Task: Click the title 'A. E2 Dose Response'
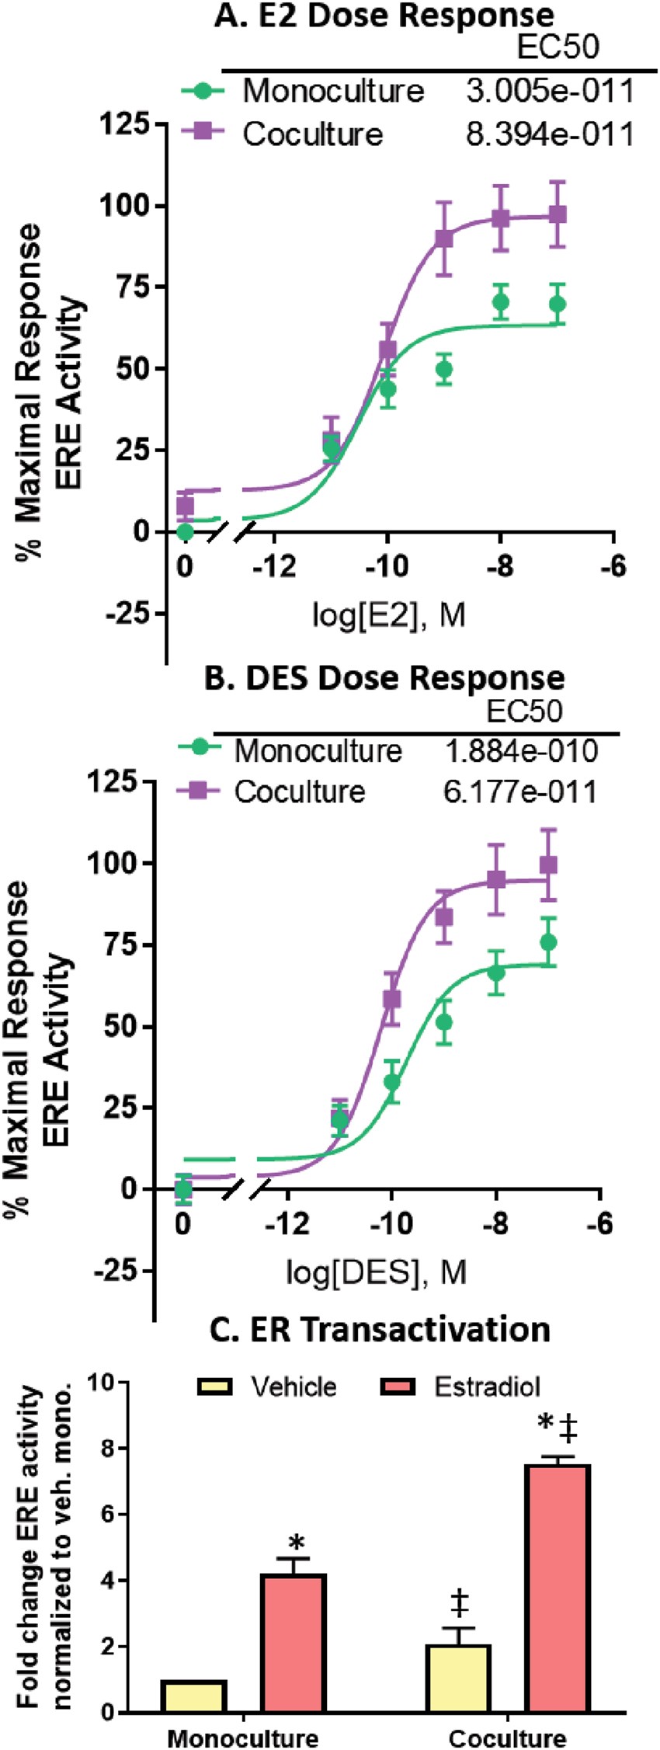click(384, 16)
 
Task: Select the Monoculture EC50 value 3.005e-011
click(550, 92)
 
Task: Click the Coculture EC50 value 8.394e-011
click(550, 134)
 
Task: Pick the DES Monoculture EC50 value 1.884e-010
click(521, 751)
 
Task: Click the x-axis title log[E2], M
click(388, 615)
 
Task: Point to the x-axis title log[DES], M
click(376, 1273)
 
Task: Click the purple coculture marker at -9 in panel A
click(444, 239)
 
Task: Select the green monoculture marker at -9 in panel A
click(444, 370)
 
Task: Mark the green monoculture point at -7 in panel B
click(548, 942)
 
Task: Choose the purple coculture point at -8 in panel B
click(496, 879)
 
